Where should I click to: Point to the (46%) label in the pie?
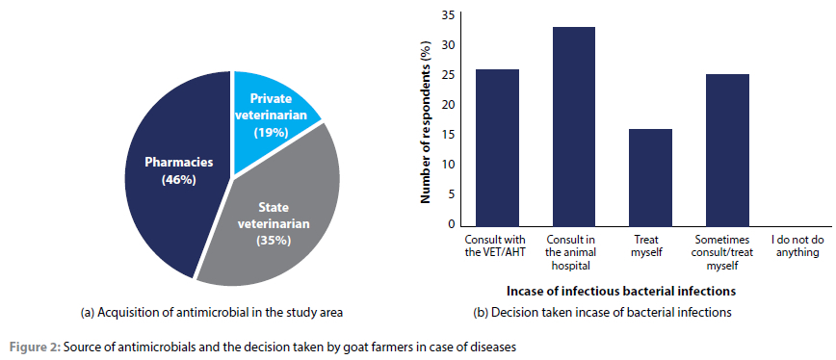click(x=179, y=180)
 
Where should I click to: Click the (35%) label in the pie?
click(x=273, y=241)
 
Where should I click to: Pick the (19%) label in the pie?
click(x=270, y=132)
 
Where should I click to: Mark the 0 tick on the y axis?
click(x=451, y=224)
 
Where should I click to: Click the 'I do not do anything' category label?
click(x=797, y=246)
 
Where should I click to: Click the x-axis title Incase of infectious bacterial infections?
click(x=620, y=292)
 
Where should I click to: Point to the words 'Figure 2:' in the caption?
click(x=35, y=347)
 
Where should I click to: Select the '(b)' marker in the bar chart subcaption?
click(x=481, y=313)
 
